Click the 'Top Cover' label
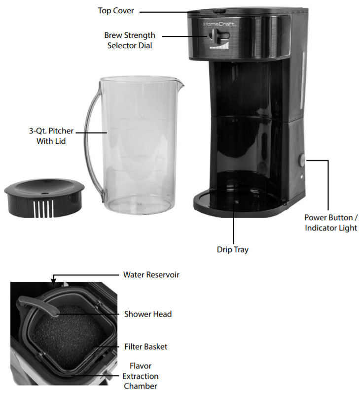click(115, 10)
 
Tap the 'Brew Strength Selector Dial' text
click(129, 40)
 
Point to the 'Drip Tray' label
click(232, 250)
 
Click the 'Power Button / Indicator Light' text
click(330, 222)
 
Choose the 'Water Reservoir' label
click(151, 275)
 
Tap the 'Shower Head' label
click(147, 314)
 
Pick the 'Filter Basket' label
click(145, 347)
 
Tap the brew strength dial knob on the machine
click(216, 35)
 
